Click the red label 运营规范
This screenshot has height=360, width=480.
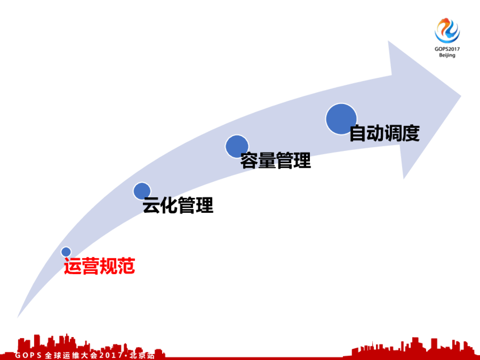pos(99,267)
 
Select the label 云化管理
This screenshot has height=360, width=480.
pos(178,205)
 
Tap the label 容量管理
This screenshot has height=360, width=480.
pos(276,161)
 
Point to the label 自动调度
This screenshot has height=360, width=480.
pos(384,134)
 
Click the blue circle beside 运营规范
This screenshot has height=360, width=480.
pos(66,252)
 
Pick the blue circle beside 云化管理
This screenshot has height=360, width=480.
pos(142,191)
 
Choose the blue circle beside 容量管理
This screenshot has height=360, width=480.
pos(237,146)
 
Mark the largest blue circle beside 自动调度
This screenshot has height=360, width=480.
pos(341,119)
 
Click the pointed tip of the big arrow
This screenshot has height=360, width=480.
pos(460,96)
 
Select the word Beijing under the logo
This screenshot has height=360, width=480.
pos(447,55)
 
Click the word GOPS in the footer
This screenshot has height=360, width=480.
pos(28,355)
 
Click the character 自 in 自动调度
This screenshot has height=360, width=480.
pos(358,134)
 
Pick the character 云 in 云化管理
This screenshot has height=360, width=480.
pos(151,205)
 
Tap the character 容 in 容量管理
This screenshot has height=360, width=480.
pos(249,161)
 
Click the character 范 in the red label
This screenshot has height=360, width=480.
pos(126,267)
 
